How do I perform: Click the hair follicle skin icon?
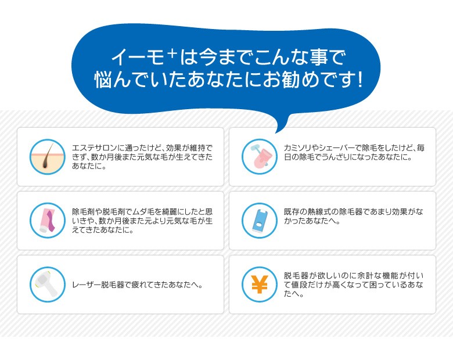(x=48, y=157)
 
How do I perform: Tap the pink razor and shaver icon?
(x=260, y=157)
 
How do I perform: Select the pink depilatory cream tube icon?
(x=48, y=221)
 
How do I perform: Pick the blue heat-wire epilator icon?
(x=260, y=221)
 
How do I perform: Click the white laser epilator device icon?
(x=48, y=285)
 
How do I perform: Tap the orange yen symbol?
(x=260, y=285)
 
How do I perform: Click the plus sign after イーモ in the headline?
(x=172, y=53)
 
